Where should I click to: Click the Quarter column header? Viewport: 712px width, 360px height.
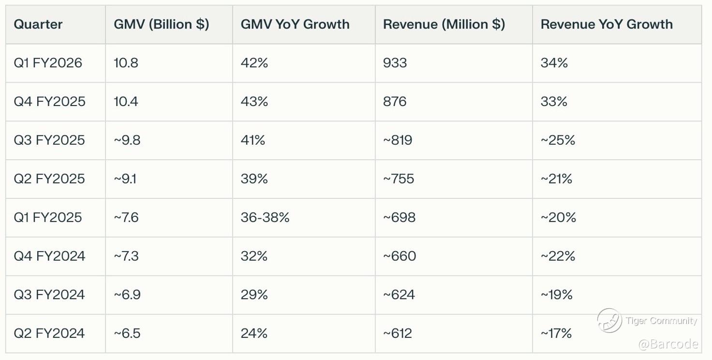[38, 24]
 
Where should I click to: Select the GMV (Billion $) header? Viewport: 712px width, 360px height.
[162, 24]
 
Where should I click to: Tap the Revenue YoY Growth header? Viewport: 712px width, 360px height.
[607, 24]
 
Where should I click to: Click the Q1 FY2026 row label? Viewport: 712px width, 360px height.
[48, 63]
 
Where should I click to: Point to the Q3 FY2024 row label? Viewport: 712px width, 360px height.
[49, 295]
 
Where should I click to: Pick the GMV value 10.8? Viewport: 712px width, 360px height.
[126, 63]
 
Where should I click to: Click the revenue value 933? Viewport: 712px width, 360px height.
[395, 63]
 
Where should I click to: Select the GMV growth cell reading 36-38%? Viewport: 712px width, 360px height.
[265, 217]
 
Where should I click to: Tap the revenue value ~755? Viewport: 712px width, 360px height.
[399, 179]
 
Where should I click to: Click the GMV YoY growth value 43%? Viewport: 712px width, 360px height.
[254, 102]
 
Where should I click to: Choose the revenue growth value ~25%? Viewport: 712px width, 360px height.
[558, 140]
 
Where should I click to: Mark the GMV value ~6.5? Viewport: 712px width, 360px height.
[127, 333]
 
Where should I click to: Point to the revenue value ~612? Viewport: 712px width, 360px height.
[398, 333]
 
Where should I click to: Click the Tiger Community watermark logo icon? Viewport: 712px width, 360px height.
[609, 320]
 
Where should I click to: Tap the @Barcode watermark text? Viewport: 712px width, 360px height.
[668, 344]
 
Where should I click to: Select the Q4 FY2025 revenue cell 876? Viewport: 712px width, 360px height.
[395, 102]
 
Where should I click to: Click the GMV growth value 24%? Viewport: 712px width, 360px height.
[254, 333]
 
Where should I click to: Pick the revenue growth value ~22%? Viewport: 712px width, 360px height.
[558, 256]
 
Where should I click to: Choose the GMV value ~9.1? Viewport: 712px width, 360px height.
[125, 179]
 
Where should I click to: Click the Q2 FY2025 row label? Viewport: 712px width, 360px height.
[49, 179]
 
